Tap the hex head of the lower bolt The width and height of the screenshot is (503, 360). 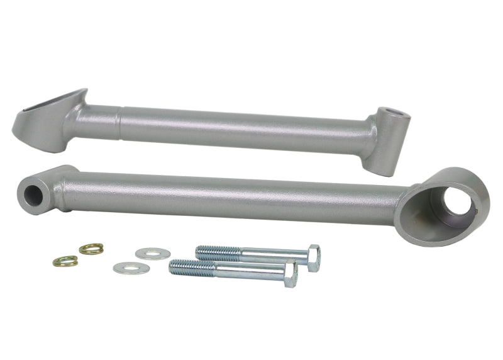pos(290,274)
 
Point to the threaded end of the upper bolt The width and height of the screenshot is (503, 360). pos(217,252)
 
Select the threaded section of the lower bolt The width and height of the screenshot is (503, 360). pos(192,267)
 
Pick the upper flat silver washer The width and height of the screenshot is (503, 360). pos(153,254)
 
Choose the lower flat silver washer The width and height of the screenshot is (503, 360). pos(131,268)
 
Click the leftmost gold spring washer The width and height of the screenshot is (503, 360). pos(65,261)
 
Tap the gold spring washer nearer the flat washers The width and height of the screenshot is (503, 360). pos(91,249)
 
